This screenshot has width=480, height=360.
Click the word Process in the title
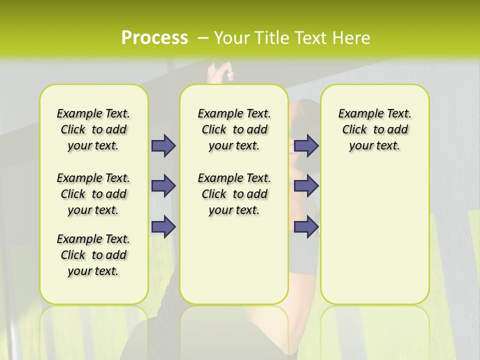tap(154, 38)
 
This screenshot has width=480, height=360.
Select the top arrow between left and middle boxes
tap(163, 145)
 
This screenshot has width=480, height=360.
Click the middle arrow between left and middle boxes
tap(163, 186)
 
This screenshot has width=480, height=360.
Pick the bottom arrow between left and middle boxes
tap(163, 226)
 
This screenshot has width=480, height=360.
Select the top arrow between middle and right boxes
tap(306, 145)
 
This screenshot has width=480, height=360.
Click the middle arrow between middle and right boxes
tap(306, 186)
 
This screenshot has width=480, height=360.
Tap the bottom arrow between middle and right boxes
tap(306, 226)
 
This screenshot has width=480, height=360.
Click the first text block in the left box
tap(93, 129)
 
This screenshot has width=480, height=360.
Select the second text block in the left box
tap(93, 194)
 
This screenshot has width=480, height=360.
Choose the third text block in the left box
tap(93, 255)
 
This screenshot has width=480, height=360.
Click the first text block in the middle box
tap(234, 129)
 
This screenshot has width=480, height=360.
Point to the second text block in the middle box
tap(234, 194)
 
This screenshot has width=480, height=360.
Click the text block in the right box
tap(374, 129)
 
